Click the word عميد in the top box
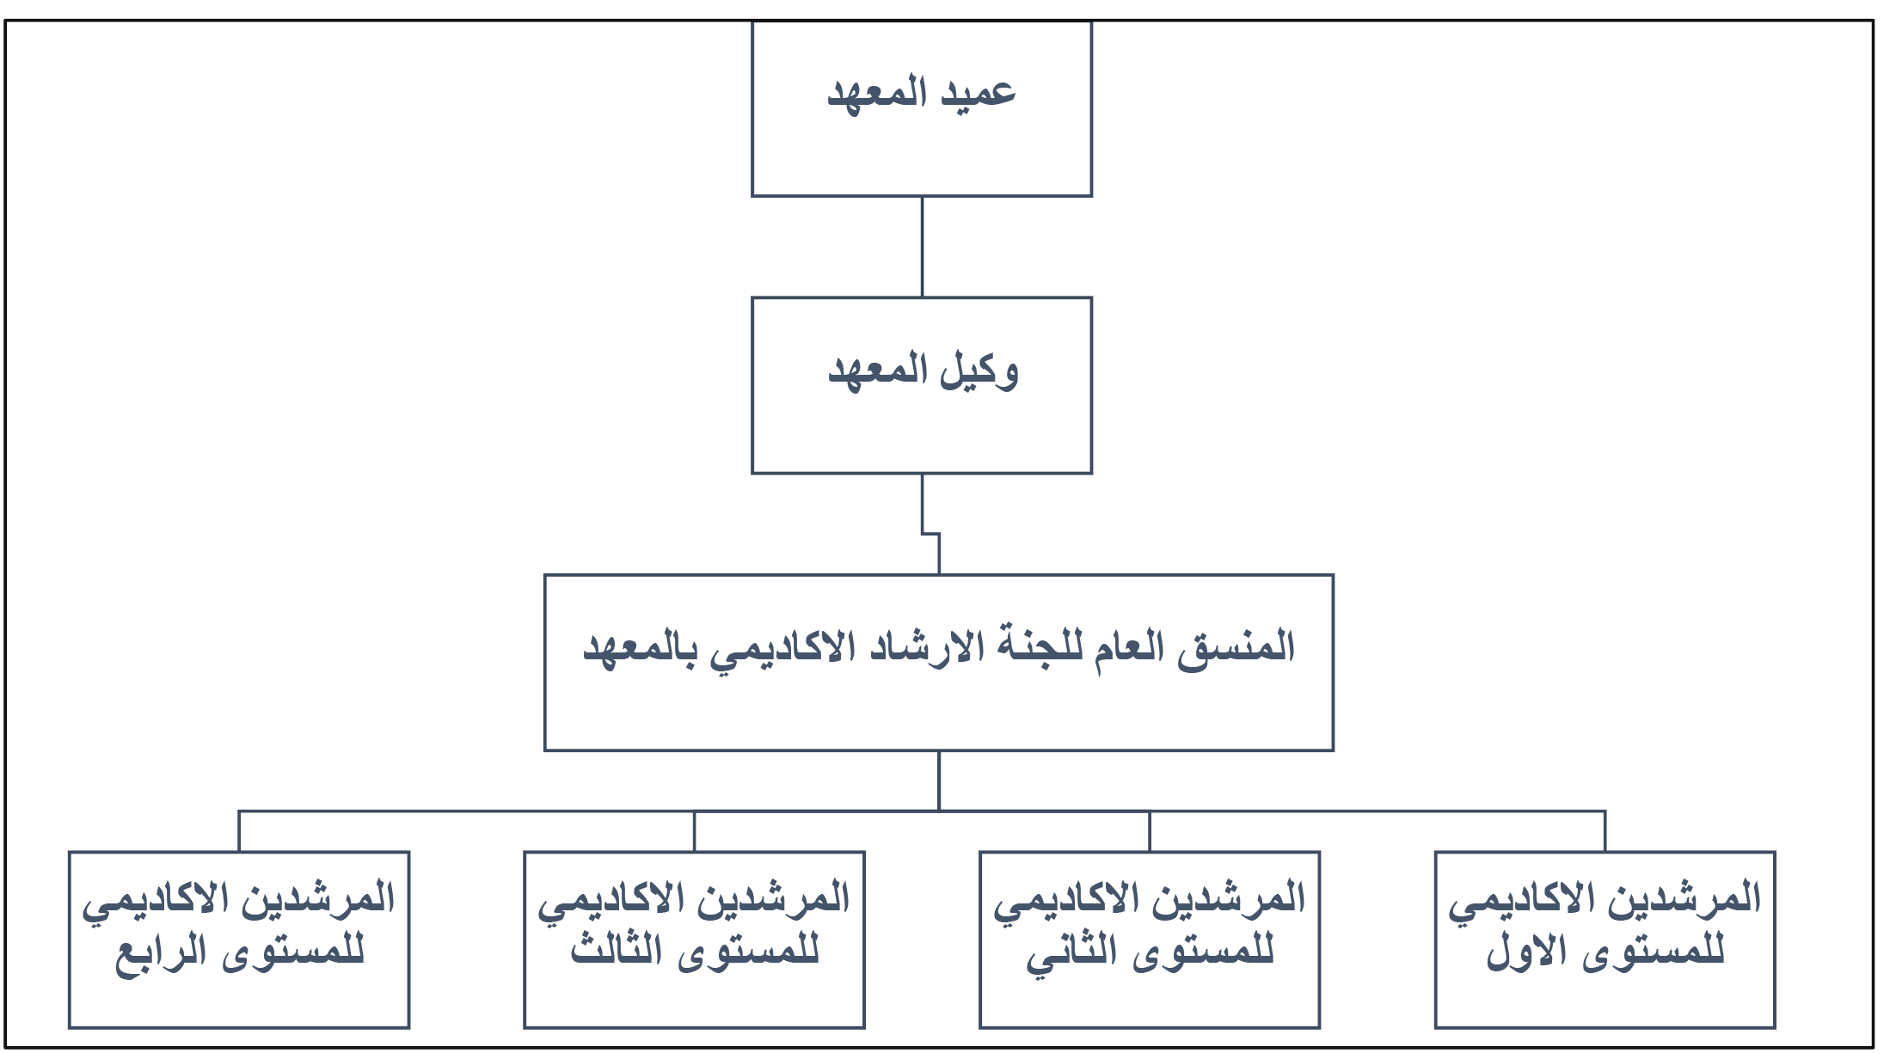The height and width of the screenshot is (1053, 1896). pos(979,93)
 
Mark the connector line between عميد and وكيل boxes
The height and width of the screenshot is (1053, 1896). pos(922,247)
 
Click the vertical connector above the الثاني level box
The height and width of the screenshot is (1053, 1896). pos(1150,831)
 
